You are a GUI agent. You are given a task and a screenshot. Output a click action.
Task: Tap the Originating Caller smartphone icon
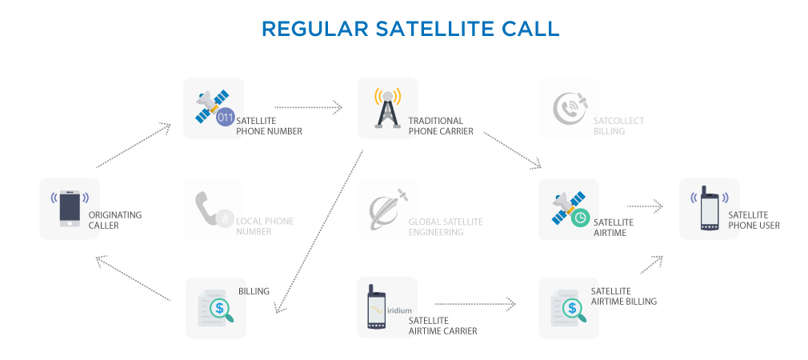[x=70, y=209]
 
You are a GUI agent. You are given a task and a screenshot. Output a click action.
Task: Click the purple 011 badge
[x=226, y=118]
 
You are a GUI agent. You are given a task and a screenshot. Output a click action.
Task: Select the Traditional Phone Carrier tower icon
[x=387, y=108]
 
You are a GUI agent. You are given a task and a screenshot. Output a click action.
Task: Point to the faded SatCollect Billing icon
[x=570, y=108]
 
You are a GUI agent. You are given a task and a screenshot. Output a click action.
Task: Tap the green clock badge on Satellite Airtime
[x=580, y=218]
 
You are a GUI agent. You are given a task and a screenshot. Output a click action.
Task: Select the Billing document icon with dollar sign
[x=216, y=307]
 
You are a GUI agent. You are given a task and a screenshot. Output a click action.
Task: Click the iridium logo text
[x=399, y=310]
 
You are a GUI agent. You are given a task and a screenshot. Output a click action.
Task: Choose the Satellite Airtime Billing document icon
[x=569, y=307]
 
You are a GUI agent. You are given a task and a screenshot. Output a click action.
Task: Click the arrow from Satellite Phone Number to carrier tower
[x=308, y=107]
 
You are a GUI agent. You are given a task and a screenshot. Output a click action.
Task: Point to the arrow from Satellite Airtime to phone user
[x=645, y=206]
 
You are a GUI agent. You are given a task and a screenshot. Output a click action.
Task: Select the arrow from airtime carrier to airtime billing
[x=475, y=304]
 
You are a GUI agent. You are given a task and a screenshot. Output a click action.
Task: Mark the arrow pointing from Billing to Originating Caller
[x=133, y=278]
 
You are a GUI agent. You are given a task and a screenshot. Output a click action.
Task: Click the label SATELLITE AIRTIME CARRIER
[x=442, y=326]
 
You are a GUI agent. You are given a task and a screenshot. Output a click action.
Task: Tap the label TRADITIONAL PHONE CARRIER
[x=441, y=126]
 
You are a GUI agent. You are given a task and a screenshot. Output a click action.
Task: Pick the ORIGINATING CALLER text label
[x=115, y=221]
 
